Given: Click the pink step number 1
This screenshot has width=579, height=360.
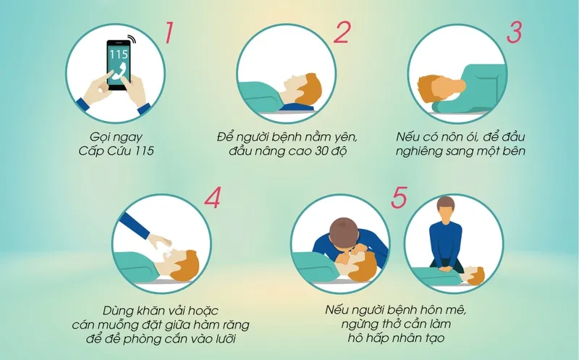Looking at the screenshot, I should pyautogui.click(x=168, y=33).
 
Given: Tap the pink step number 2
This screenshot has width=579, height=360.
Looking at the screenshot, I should pyautogui.click(x=341, y=33).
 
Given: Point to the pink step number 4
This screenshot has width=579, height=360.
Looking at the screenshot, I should pyautogui.click(x=212, y=199).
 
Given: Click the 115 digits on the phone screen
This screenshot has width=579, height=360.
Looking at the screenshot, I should pyautogui.click(x=118, y=54).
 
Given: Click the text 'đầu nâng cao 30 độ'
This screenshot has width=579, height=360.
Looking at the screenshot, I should pyautogui.click(x=288, y=151).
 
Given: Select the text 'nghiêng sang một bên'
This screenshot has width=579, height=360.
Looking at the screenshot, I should pyautogui.click(x=460, y=151).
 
